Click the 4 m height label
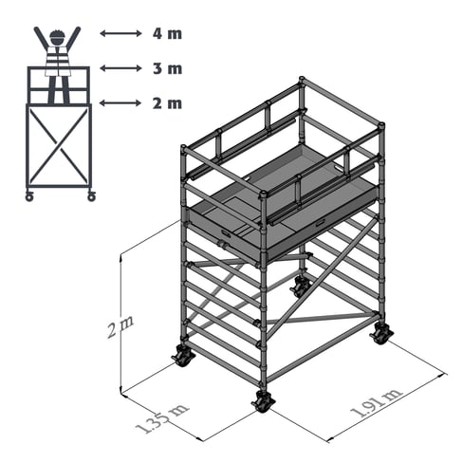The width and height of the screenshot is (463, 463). (167, 33)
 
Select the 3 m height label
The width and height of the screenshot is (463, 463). (167, 68)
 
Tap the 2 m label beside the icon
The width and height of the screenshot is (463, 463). (167, 103)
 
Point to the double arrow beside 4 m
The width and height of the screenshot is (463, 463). (120, 33)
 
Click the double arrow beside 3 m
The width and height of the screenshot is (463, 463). (120, 68)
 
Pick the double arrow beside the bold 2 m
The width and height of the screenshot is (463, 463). (120, 102)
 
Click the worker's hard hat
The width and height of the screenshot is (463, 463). (57, 34)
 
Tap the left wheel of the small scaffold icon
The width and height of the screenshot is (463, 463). (29, 196)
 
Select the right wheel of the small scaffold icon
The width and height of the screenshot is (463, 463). (91, 196)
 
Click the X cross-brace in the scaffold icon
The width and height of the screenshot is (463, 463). (59, 146)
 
